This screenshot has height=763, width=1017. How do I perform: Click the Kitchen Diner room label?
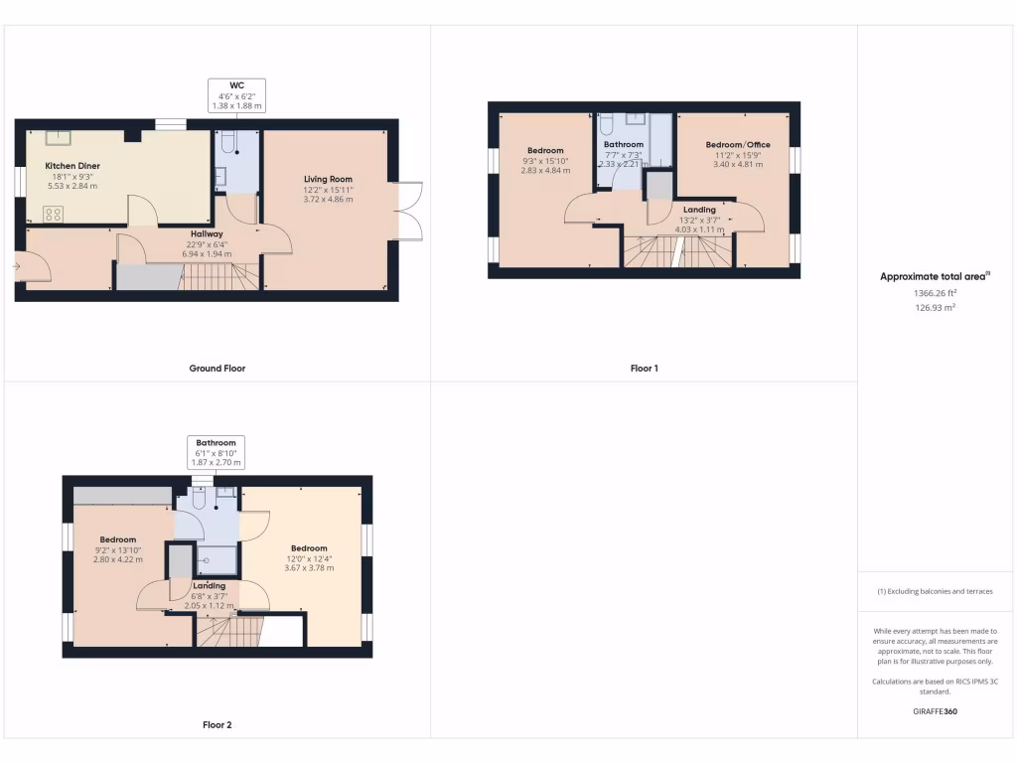click(x=73, y=166)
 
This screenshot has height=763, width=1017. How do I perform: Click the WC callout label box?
click(x=236, y=95)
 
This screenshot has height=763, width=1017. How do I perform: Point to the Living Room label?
click(x=328, y=179)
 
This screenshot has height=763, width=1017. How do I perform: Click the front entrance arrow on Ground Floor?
click(x=18, y=266)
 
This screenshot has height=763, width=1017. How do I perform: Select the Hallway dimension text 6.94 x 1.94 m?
click(x=207, y=253)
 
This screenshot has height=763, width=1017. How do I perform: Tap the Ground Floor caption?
click(x=217, y=369)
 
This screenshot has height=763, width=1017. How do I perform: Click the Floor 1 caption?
click(x=644, y=369)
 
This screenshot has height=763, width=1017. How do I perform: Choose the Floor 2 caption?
click(x=217, y=725)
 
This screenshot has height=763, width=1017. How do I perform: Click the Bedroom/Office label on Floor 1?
click(x=738, y=145)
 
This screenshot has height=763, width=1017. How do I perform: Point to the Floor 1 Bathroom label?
click(x=624, y=145)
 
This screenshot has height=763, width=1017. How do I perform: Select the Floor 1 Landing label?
click(x=700, y=210)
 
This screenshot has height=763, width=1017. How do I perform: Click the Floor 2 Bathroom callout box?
click(x=216, y=452)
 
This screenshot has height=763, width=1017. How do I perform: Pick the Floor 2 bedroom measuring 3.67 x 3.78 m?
click(x=308, y=548)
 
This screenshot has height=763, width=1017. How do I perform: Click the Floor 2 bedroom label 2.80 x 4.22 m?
click(x=117, y=539)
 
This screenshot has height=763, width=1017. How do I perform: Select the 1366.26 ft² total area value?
click(x=935, y=293)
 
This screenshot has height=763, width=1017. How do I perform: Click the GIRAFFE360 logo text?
click(x=935, y=711)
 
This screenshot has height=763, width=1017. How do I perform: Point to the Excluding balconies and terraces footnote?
click(x=935, y=591)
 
